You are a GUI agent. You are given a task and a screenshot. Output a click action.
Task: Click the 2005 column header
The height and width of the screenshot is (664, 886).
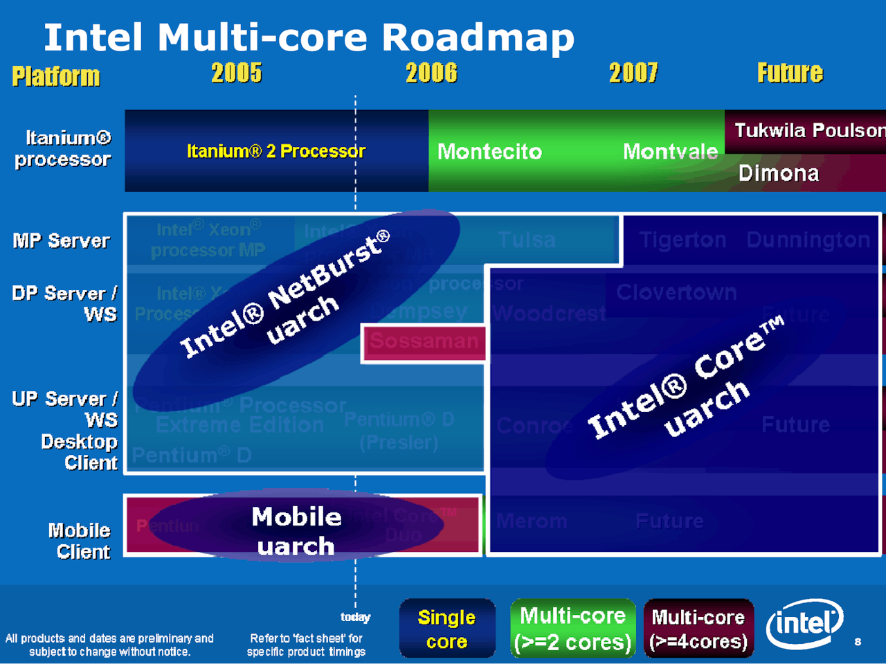tap(237, 73)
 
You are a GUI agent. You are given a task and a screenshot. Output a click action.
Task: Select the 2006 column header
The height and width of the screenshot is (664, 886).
tap(431, 73)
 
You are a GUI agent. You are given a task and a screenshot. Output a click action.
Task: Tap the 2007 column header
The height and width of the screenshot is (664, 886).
tap(633, 73)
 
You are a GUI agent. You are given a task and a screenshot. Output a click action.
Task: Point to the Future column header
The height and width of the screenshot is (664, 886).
tap(790, 73)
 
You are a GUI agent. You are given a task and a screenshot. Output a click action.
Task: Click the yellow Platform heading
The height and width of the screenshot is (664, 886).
tap(56, 76)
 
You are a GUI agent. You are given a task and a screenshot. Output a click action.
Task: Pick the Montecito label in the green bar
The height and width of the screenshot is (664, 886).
tap(489, 152)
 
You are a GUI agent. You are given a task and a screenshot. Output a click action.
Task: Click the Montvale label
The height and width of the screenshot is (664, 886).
tap(670, 152)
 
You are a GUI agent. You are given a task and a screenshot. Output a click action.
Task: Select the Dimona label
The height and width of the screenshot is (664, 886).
tap(779, 173)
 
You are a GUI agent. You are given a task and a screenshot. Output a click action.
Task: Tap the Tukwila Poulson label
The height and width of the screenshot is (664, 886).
tap(809, 130)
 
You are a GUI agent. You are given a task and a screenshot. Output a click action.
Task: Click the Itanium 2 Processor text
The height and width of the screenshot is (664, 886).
tap(276, 151)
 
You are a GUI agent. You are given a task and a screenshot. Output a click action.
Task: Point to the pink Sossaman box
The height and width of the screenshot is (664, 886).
tap(424, 341)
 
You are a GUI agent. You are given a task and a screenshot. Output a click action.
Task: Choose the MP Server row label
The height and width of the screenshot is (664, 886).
tap(61, 241)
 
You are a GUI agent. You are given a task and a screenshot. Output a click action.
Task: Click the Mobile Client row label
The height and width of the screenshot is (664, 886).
tap(80, 541)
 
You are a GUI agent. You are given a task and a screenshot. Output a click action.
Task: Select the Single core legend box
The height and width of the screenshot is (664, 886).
tap(447, 629)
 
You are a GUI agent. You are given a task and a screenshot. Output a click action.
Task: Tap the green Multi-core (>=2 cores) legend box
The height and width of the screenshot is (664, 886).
tap(572, 629)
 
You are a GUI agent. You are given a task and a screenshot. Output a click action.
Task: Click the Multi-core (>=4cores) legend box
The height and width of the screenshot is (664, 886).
tap(698, 629)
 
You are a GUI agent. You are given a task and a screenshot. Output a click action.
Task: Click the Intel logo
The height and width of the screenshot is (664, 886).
tap(805, 623)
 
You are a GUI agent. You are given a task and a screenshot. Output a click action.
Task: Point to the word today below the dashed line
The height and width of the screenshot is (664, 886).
tap(356, 617)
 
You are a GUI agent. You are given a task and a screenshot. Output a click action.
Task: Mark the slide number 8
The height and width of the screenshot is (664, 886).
tap(858, 642)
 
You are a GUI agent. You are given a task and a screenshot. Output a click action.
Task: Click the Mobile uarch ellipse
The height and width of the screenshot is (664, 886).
tap(296, 530)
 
